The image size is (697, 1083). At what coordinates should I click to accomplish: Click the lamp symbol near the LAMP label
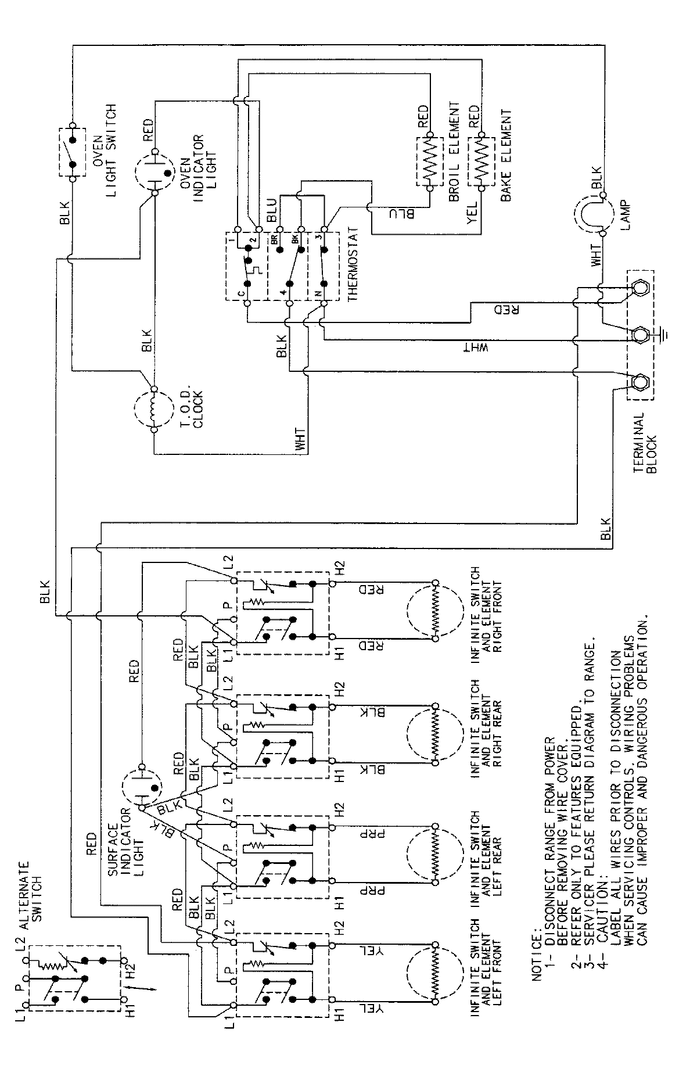(591, 213)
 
